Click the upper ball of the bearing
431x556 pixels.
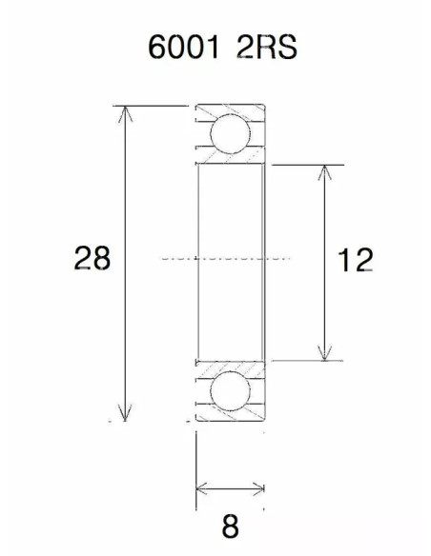[230, 133]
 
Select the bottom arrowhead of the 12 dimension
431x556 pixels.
[327, 353]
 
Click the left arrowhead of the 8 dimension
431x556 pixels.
[201, 489]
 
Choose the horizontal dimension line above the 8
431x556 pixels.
[229, 489]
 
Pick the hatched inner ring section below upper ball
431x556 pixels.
[230, 160]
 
